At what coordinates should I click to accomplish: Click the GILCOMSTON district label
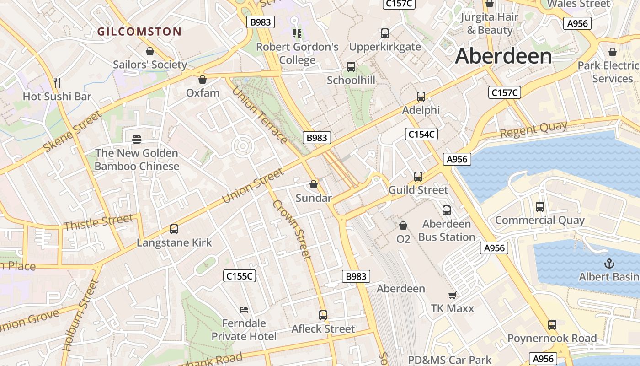(139, 32)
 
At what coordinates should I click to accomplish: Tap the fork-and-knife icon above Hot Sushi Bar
(57, 83)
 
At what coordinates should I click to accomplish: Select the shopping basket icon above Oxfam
(203, 80)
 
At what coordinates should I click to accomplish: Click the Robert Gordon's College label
(297, 54)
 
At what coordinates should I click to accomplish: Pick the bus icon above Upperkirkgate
(385, 33)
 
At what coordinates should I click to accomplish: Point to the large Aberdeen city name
(503, 56)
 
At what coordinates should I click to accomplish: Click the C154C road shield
(421, 134)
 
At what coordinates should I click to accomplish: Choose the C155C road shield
(240, 276)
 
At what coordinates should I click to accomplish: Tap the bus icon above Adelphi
(421, 97)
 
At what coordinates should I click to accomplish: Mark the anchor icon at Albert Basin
(609, 264)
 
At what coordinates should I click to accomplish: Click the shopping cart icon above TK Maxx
(452, 295)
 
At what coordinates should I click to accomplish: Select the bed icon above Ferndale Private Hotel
(244, 310)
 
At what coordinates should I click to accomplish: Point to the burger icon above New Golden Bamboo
(137, 139)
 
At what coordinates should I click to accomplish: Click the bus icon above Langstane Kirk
(174, 229)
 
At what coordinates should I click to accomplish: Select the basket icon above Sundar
(314, 184)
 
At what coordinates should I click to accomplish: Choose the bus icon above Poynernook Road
(552, 325)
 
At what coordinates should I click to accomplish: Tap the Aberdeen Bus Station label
(447, 230)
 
